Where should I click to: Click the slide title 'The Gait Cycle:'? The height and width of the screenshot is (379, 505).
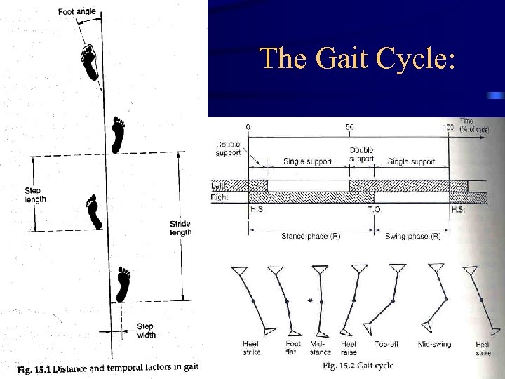[x=357, y=58]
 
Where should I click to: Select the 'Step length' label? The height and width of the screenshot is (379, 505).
[x=36, y=194]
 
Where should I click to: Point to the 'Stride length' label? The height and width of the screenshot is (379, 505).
[x=180, y=228]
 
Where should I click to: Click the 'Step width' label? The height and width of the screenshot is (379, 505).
[x=145, y=331]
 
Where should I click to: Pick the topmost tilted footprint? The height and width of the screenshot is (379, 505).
[x=89, y=62]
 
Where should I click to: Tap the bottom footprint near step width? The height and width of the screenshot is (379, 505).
[x=124, y=283]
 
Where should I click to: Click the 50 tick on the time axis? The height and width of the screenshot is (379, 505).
[x=349, y=126]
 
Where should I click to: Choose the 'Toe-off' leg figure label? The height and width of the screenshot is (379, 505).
[x=386, y=345]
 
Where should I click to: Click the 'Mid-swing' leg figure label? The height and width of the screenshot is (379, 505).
[x=434, y=345]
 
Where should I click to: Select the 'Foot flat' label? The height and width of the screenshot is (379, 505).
[x=293, y=347]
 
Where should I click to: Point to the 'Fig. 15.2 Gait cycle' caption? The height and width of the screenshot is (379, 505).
[x=358, y=365]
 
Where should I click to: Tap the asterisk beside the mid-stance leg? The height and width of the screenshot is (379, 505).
[x=310, y=300]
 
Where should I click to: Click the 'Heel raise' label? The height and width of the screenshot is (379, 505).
[x=349, y=347]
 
